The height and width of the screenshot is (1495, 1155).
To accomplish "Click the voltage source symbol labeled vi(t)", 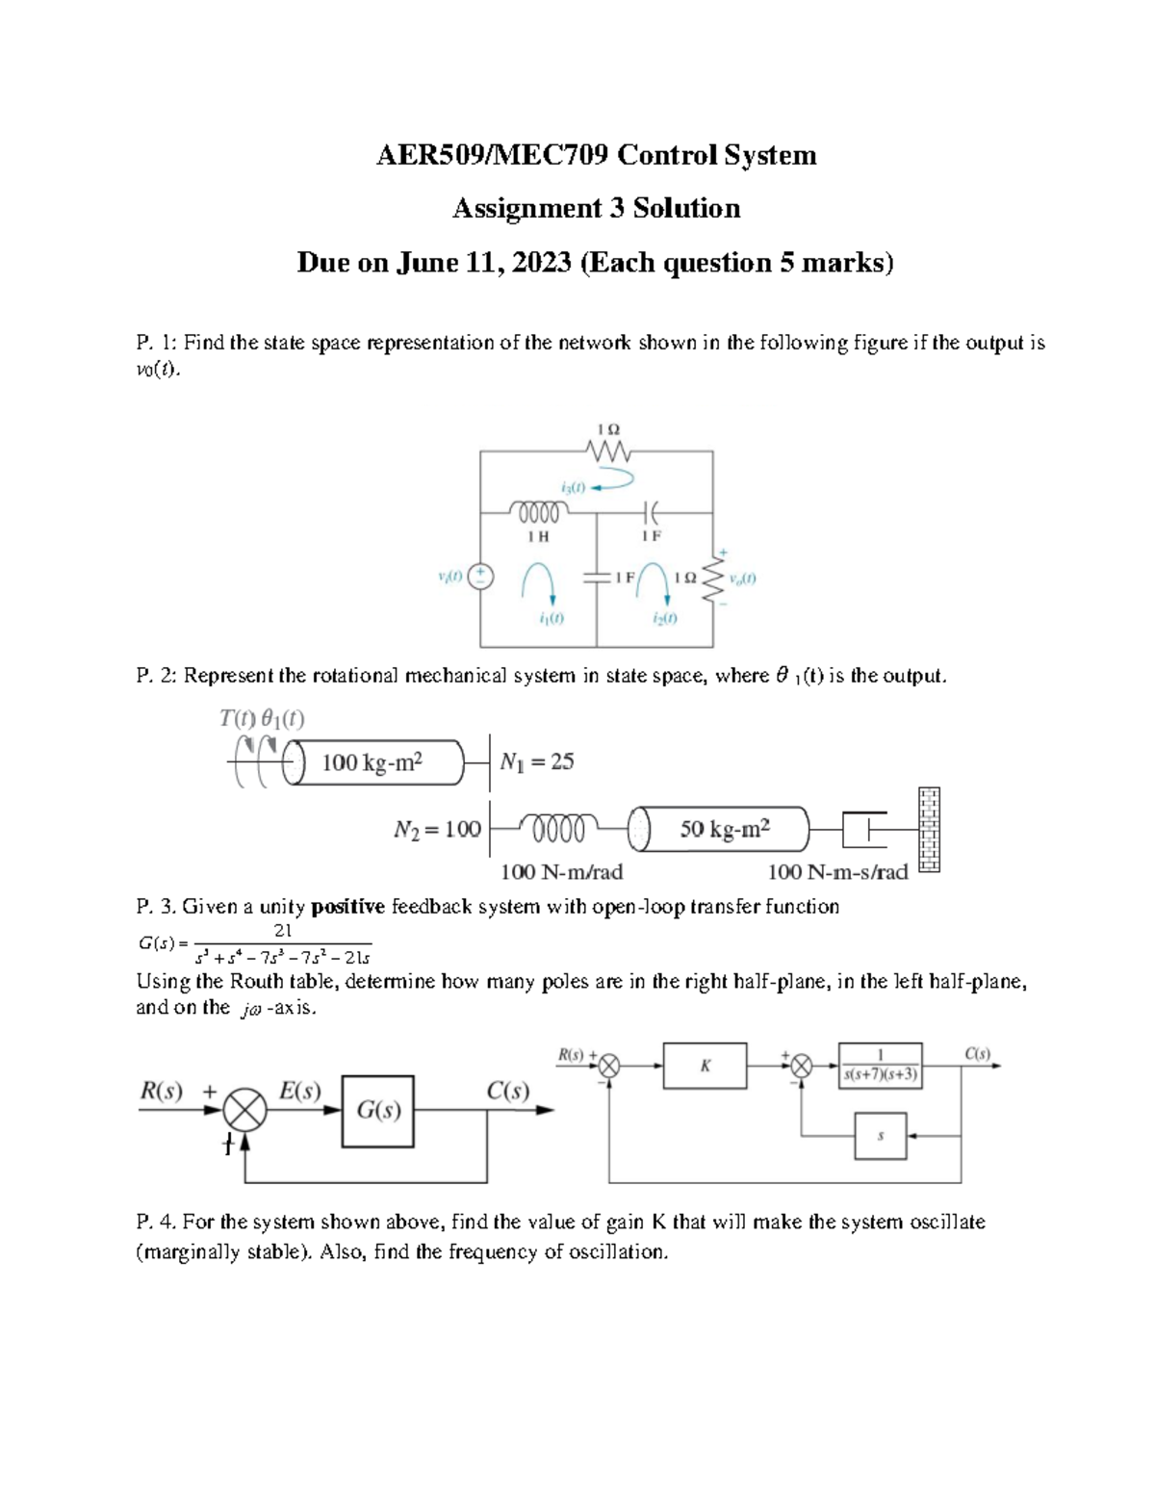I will point(480,576).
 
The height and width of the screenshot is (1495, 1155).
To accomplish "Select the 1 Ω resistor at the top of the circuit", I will point(607,451).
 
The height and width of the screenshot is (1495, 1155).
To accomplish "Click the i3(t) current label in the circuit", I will point(573,487).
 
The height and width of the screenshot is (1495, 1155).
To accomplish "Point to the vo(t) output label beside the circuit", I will point(742,579).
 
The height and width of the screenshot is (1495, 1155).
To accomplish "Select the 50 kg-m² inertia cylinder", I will point(725,829).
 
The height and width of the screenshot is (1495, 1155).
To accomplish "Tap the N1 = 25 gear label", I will point(536,761).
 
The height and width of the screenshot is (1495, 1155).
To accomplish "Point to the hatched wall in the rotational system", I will point(929,829).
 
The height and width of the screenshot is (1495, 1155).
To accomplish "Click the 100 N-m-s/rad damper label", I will point(837,872).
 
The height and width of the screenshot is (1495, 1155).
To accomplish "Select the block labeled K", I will point(705,1066).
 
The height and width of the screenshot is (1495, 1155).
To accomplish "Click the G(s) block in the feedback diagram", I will point(378,1111).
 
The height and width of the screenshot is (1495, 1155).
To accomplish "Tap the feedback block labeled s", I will point(880,1136).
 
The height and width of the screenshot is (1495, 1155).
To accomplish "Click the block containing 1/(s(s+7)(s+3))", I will point(880,1066).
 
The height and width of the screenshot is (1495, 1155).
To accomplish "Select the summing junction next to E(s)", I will point(244,1110).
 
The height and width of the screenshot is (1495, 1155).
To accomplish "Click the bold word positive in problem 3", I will point(347,907).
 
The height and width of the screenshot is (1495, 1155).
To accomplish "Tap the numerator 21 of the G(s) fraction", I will point(283,931).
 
